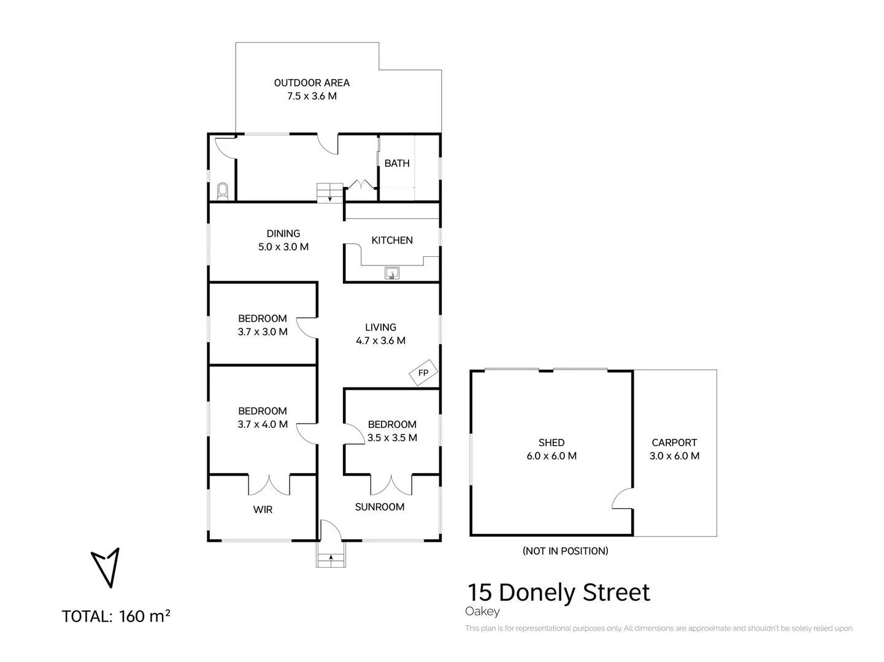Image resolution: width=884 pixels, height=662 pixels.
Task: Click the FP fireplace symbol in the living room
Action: pyautogui.click(x=423, y=373)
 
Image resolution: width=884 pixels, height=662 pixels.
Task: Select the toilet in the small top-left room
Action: pyautogui.click(x=223, y=191)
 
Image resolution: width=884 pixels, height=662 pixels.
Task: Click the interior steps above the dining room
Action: pyautogui.click(x=330, y=192)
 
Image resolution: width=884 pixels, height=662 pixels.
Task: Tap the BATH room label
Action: pyautogui.click(x=397, y=163)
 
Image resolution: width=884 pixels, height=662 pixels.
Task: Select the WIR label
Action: pyautogui.click(x=263, y=509)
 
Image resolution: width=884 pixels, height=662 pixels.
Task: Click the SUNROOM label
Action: pyautogui.click(x=380, y=507)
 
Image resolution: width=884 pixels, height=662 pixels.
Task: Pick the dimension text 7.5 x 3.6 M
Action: pyautogui.click(x=312, y=96)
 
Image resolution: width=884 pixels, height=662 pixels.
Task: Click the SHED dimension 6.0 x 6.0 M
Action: pyautogui.click(x=551, y=456)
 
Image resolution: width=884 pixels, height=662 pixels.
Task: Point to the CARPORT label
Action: pyautogui.click(x=674, y=443)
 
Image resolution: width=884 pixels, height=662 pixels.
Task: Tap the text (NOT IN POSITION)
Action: pyautogui.click(x=565, y=551)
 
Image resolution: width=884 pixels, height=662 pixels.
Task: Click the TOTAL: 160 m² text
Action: pyautogui.click(x=116, y=616)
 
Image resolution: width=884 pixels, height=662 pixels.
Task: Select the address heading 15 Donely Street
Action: pyautogui.click(x=558, y=593)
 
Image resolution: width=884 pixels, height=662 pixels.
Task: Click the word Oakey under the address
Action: pyautogui.click(x=482, y=612)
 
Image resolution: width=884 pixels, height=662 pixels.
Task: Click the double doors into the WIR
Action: pyautogui.click(x=269, y=485)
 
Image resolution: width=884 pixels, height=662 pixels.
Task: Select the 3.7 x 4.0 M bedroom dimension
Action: pyautogui.click(x=263, y=424)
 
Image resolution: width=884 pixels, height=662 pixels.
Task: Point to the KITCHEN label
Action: pyautogui.click(x=392, y=240)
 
